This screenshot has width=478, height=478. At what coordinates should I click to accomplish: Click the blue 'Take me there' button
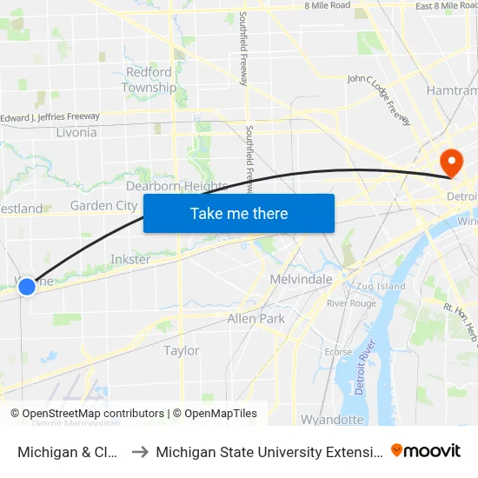pos(239,214)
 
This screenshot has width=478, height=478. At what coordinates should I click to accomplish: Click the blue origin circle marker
pos(27,286)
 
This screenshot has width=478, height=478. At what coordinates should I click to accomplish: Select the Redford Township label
pos(149,80)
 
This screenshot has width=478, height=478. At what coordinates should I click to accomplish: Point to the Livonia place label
pos(76,133)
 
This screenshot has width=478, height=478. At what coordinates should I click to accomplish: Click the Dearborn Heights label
pos(176,186)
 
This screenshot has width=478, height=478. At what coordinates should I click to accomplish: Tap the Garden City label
pos(103,206)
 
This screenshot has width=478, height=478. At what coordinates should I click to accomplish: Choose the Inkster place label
pos(130,259)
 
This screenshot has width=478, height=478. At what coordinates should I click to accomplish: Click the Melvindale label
pos(302,279)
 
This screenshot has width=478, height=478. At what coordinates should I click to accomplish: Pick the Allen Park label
pos(256,319)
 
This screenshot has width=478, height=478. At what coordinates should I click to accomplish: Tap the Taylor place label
pos(182,350)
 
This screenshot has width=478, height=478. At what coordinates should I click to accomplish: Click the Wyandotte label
pos(332,420)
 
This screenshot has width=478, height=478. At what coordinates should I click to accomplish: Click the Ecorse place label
pos(338,352)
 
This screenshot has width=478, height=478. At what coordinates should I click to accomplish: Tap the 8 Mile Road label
pos(327,5)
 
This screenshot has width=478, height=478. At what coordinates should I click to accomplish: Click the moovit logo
pos(426,450)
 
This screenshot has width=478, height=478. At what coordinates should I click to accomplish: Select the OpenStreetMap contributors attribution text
pos(87,414)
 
